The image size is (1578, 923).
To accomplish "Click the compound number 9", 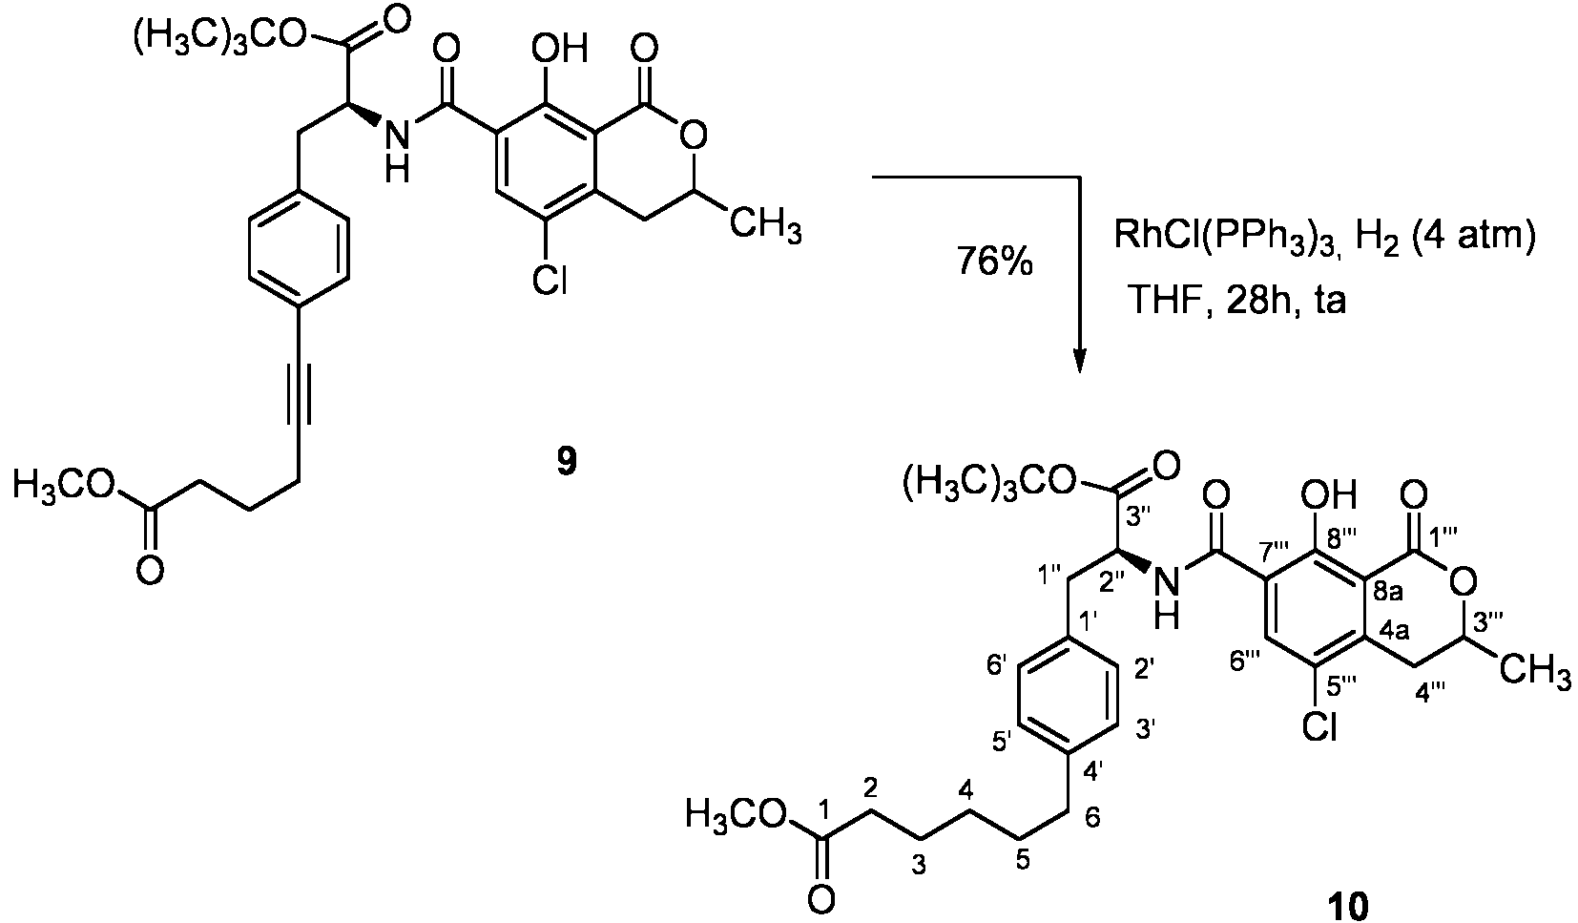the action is tap(567, 462).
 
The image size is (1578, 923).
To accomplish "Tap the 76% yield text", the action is tap(994, 261).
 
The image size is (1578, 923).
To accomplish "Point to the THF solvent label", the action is tap(1165, 302).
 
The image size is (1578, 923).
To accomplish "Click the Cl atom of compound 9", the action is tap(550, 282).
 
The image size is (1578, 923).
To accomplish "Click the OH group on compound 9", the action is tap(560, 50).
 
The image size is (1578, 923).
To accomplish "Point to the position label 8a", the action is tap(1388, 592).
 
